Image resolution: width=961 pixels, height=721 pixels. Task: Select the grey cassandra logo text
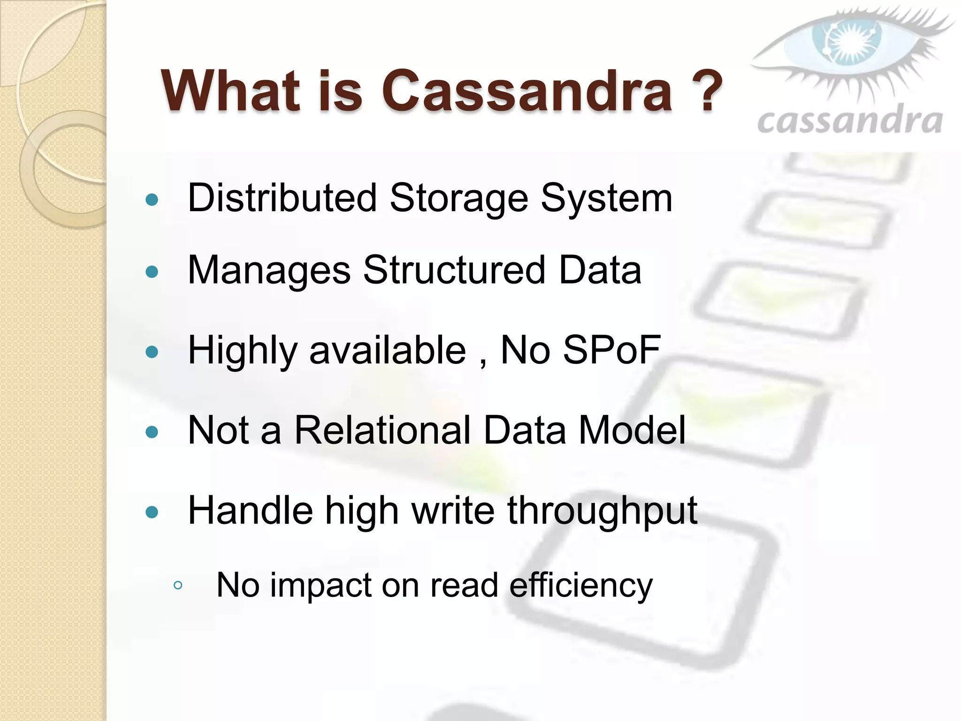(x=849, y=121)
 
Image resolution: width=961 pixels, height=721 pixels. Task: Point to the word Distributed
(x=282, y=198)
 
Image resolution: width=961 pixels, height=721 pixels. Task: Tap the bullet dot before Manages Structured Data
(x=152, y=272)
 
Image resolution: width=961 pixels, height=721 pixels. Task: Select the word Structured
(x=454, y=270)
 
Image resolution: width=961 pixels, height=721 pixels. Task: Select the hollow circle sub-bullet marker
(x=177, y=585)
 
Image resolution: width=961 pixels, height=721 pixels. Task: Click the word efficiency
(x=581, y=586)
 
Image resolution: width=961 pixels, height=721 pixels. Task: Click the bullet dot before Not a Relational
(x=152, y=432)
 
